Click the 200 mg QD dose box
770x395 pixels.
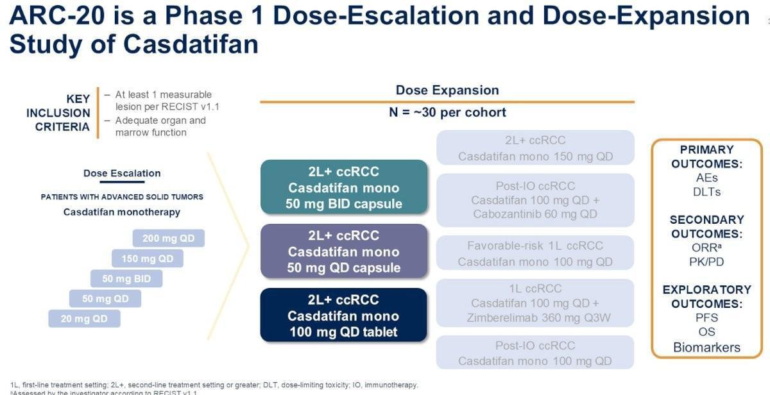(x=168, y=239)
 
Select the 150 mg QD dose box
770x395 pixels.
(x=148, y=259)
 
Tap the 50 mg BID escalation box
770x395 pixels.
(x=126, y=279)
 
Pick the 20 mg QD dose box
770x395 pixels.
(x=84, y=319)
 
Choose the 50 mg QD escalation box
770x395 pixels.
(x=105, y=299)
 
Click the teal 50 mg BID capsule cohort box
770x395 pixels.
(x=343, y=188)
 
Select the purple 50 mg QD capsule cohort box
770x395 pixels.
(x=343, y=251)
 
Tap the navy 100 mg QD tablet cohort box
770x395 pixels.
(x=343, y=315)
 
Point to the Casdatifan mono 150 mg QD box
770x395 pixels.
(x=535, y=148)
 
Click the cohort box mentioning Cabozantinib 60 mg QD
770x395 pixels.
(x=535, y=200)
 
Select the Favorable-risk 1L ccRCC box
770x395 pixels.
(x=535, y=253)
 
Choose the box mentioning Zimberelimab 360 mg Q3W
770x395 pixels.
(x=535, y=303)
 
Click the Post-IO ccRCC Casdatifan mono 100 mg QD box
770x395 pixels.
(x=535, y=353)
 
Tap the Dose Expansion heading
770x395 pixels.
(x=447, y=90)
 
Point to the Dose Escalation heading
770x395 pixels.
(x=122, y=173)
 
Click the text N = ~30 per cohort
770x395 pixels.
(x=447, y=113)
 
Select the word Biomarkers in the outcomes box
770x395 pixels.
(x=706, y=348)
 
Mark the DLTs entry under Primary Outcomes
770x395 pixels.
(x=706, y=192)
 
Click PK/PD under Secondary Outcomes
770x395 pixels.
(x=706, y=262)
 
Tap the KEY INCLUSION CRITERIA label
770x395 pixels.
(x=58, y=113)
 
